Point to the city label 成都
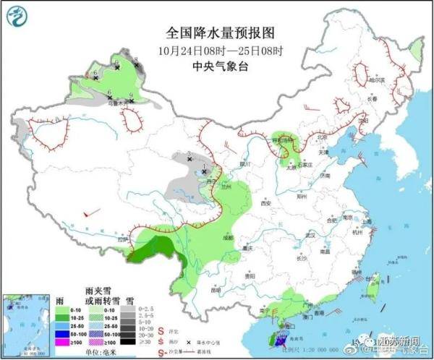(x=229, y=236)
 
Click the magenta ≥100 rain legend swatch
(x=64, y=342)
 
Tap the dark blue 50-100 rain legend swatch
(x=64, y=333)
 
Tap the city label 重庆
(x=250, y=248)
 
